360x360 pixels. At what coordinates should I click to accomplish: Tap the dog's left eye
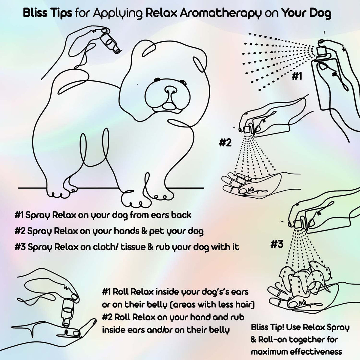click(157, 79)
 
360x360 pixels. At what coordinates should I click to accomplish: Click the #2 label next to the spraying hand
click(225, 143)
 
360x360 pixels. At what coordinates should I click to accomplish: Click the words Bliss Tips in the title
click(47, 13)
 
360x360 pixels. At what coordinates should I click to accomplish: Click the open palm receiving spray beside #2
click(250, 183)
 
